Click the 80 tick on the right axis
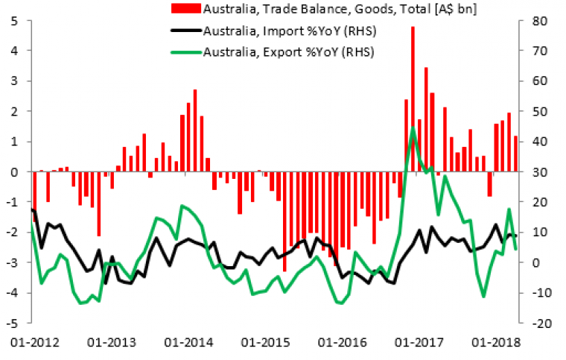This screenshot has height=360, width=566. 538,20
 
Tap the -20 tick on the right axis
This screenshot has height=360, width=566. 535,323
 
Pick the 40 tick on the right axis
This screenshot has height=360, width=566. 538,142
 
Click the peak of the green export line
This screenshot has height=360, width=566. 413,127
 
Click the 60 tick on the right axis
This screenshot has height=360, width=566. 538,80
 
